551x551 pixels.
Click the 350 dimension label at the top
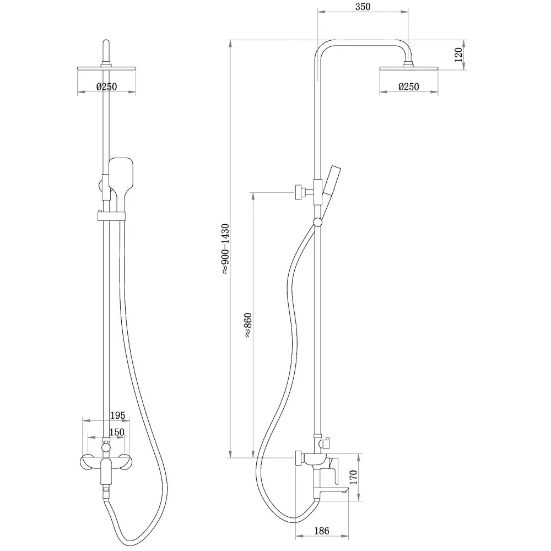[363, 6]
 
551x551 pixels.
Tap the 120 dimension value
[458, 55]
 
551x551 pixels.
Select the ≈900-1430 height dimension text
[225, 249]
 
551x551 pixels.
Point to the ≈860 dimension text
[248, 325]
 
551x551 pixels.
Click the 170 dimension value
[353, 477]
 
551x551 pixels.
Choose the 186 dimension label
[322, 531]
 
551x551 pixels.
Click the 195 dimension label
[118, 415]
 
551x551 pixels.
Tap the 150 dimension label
[116, 431]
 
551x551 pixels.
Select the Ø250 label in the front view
[106, 87]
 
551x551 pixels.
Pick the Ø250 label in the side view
[409, 87]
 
